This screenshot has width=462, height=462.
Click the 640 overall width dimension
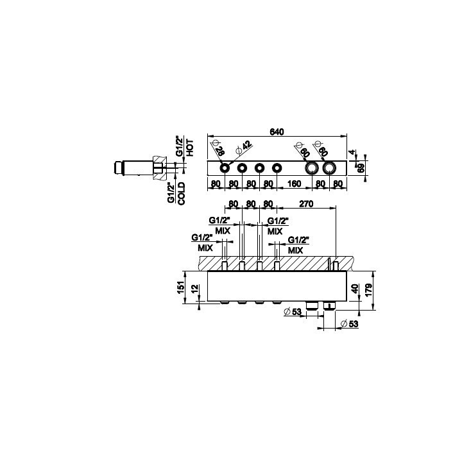(x=277, y=132)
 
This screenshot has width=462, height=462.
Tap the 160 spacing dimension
(x=294, y=184)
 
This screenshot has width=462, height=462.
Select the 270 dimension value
(x=306, y=203)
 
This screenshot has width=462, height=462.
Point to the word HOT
(x=190, y=148)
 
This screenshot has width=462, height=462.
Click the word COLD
(x=181, y=193)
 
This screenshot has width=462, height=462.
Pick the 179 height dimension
(x=369, y=290)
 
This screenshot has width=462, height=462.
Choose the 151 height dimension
(x=180, y=287)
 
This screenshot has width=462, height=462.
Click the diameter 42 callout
(x=244, y=147)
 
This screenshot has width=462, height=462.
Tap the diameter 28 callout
(x=218, y=148)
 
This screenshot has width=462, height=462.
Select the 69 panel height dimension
(x=361, y=168)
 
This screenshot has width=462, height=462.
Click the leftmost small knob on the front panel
(x=225, y=168)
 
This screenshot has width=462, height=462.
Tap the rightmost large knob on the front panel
(x=329, y=168)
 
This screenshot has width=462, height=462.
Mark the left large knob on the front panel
(x=312, y=168)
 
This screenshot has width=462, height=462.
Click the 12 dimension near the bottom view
(x=195, y=289)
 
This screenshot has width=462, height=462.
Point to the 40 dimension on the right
(x=355, y=289)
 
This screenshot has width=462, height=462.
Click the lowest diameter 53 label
(x=350, y=324)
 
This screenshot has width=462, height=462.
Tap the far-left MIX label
(x=205, y=248)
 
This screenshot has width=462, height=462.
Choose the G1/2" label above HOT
(x=179, y=146)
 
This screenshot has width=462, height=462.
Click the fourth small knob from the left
(x=277, y=168)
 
